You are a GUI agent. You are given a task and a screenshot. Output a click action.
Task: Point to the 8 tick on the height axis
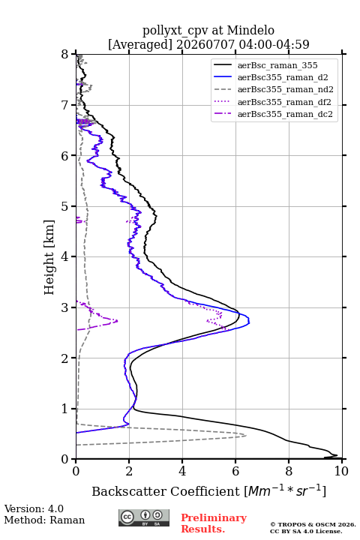(64, 55)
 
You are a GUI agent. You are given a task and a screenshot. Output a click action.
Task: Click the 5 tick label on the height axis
(64, 206)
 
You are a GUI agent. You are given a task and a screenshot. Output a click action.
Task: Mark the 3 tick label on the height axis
(64, 307)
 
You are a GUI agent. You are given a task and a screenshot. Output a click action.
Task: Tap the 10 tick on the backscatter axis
(341, 471)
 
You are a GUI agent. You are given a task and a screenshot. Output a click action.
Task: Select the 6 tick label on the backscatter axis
(235, 471)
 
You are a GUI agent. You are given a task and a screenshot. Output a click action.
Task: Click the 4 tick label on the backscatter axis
(182, 471)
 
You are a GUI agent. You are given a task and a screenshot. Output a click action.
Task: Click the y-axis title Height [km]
(49, 257)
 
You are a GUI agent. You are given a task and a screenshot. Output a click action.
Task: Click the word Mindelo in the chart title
(250, 30)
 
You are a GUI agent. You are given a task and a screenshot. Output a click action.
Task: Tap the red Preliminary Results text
(214, 523)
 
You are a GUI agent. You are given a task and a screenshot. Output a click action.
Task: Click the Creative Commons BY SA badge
(144, 517)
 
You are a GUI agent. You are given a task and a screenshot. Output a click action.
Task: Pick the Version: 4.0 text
(34, 508)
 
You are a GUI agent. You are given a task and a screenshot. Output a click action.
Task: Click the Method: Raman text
(44, 520)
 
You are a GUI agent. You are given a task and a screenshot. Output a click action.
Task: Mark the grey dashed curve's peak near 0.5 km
(246, 436)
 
